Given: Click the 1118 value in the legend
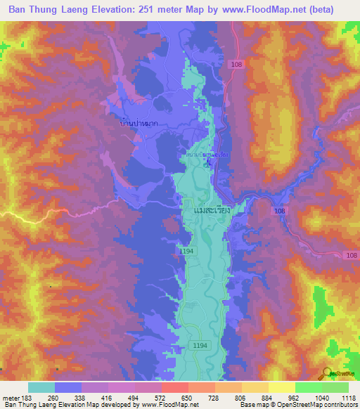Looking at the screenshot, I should tap(348, 397).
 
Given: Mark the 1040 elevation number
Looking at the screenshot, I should tap(322, 397).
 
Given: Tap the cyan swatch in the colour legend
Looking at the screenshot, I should tap(41, 387).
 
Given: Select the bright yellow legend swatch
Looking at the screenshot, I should tap(281, 387).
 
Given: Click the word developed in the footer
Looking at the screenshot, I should tap(123, 404).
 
